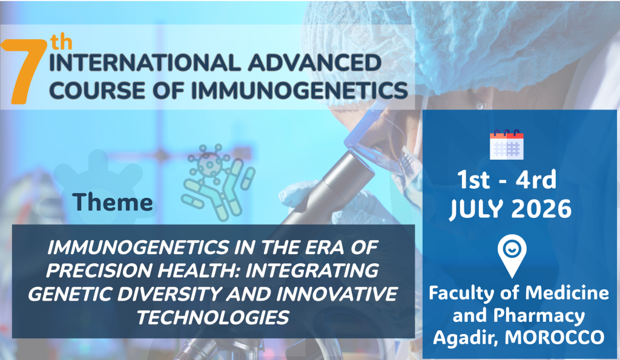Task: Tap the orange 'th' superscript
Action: click(61, 42)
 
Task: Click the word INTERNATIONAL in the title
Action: click(145, 63)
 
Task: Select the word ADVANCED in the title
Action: click(315, 63)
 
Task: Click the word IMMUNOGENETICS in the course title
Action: click(299, 91)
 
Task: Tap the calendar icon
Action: click(507, 145)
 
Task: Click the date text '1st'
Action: click(474, 180)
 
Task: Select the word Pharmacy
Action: click(539, 316)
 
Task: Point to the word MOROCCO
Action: click(555, 338)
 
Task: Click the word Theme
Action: click(112, 202)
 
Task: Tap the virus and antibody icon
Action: click(218, 182)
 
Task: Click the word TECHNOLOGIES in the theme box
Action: click(213, 318)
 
